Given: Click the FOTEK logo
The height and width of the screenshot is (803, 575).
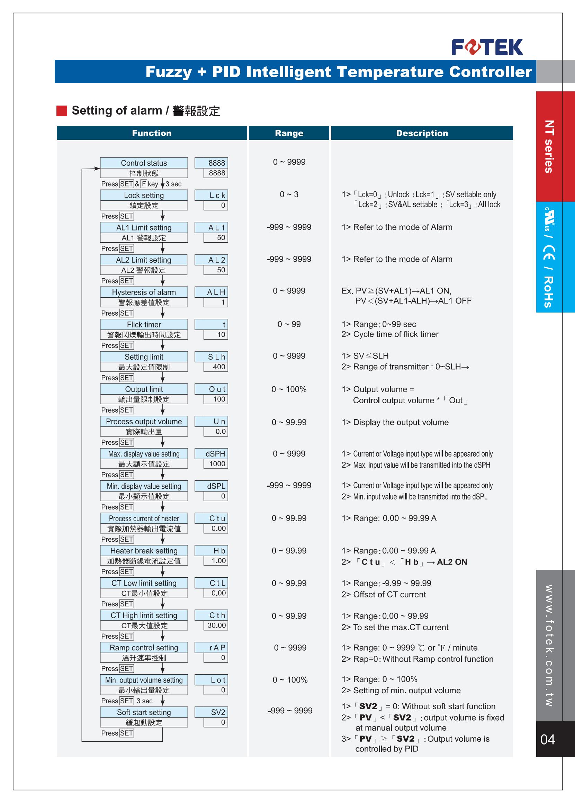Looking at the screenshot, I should [x=487, y=47].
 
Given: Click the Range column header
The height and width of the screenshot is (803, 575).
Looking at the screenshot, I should [x=289, y=133].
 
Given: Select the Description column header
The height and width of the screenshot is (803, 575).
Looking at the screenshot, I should [x=422, y=133].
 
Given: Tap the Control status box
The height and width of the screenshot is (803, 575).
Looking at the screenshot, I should [x=144, y=163].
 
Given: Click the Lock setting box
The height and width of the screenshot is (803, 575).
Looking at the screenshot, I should [x=144, y=195].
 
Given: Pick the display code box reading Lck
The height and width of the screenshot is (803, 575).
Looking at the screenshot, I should [x=212, y=195].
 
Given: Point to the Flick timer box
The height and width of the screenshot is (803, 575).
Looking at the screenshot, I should [x=144, y=325].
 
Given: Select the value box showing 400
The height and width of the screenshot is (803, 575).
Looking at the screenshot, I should [x=216, y=367].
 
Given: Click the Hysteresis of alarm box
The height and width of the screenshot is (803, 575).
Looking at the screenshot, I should [x=144, y=292].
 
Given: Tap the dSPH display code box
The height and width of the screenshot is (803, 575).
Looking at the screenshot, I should [x=212, y=454].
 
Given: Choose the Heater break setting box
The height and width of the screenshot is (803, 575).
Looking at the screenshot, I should [x=144, y=551].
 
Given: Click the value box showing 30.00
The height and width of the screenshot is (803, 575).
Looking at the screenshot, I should [x=216, y=625].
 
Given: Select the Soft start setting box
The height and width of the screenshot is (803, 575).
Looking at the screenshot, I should [x=144, y=712].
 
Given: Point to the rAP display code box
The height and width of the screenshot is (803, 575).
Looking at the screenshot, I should [x=212, y=648].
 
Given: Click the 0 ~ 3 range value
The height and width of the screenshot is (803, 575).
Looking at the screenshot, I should [x=289, y=194].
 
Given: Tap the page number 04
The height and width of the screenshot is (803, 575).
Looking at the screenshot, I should [x=547, y=740].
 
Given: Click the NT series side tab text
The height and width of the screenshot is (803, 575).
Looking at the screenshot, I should [x=549, y=146].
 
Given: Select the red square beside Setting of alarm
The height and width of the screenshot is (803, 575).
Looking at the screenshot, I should [x=62, y=111].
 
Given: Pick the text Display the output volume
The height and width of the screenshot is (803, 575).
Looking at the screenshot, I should [x=401, y=422].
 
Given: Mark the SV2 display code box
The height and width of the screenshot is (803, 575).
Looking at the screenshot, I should [x=212, y=712].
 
